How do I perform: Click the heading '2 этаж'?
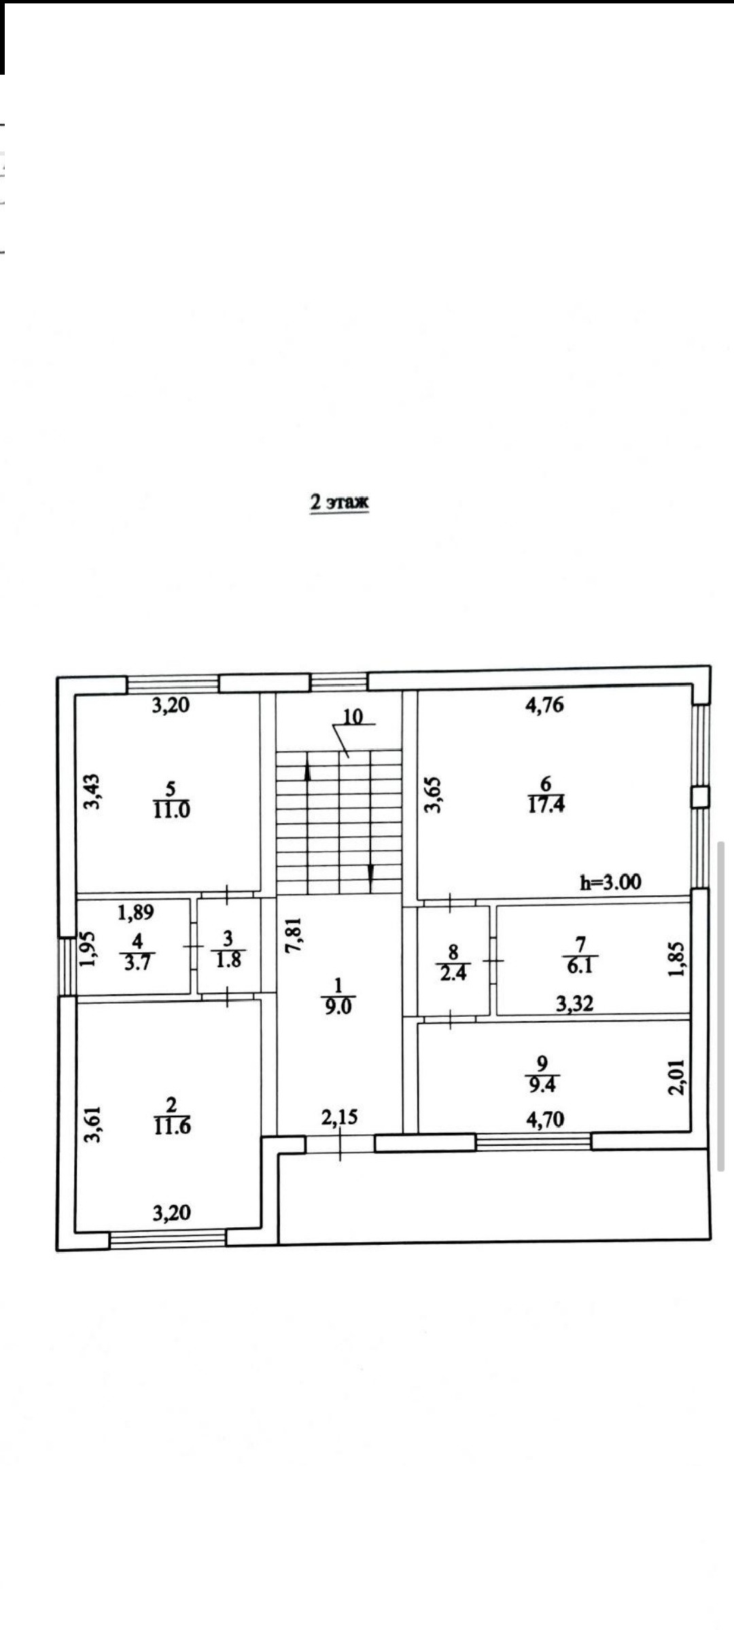[x=339, y=503]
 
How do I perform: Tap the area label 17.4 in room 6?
[x=546, y=805]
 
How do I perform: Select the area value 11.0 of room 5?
[x=171, y=810]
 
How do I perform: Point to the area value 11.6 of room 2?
[x=172, y=1126]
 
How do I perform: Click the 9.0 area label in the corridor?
[x=338, y=1007]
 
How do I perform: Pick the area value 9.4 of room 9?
[x=542, y=1085]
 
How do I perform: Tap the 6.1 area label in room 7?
[x=580, y=965]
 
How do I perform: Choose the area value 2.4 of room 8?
[x=453, y=973]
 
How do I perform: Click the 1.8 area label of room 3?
[x=228, y=960]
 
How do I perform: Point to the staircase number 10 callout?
[x=353, y=717]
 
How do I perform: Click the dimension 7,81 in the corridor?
[x=294, y=935]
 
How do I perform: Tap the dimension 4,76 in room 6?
[x=545, y=704]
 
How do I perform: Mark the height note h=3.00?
[x=610, y=882]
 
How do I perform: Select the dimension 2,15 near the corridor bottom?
[x=339, y=1117]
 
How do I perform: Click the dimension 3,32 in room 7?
[x=575, y=1003]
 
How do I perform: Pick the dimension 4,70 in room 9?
[x=545, y=1119]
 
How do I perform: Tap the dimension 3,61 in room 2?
[x=92, y=1125]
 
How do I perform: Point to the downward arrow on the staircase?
[x=370, y=879]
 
